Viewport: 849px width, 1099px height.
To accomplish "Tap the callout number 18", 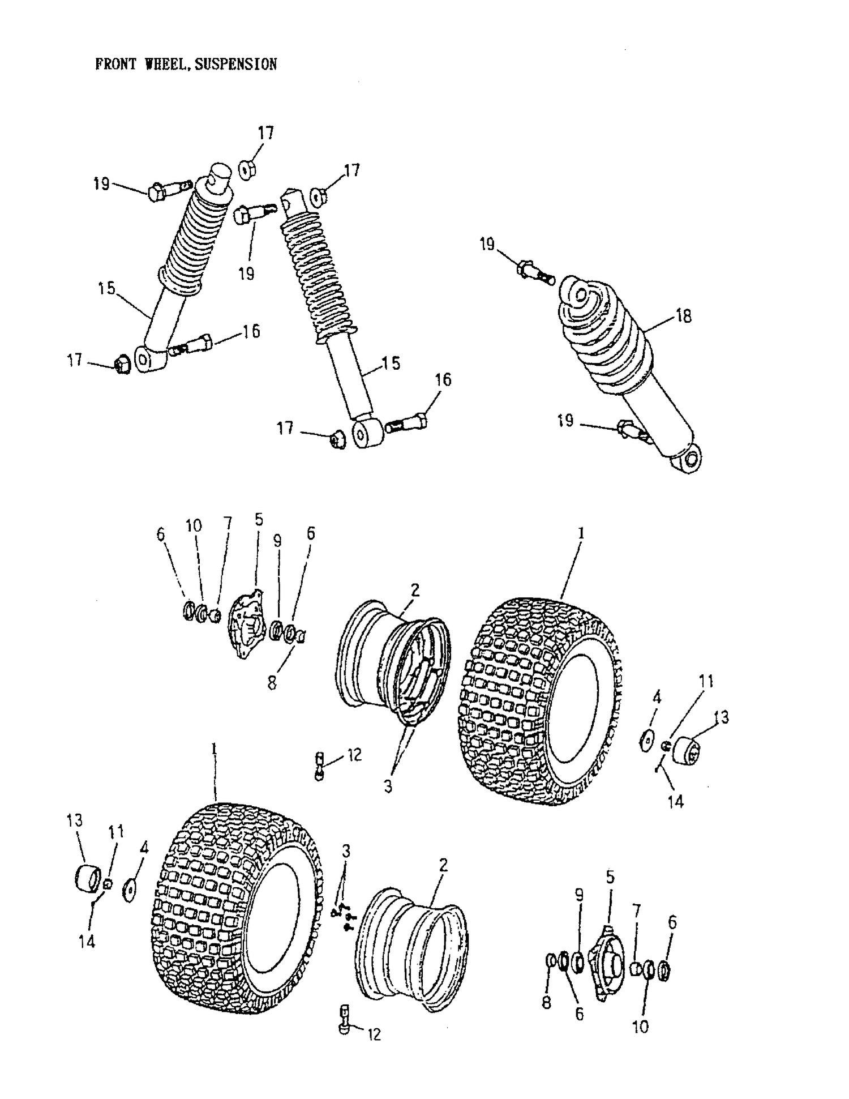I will point(684,316).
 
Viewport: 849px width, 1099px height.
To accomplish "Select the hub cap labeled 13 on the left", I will point(88,877).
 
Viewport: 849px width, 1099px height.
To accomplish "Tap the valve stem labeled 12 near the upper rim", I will point(320,766).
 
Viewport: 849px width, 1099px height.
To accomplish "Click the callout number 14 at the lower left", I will point(87,942).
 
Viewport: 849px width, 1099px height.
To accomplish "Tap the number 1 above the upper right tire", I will point(580,533).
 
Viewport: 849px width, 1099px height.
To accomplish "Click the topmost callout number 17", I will point(265,133).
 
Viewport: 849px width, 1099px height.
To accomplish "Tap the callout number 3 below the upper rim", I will point(388,787).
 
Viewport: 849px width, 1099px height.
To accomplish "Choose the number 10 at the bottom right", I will point(640,1027).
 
